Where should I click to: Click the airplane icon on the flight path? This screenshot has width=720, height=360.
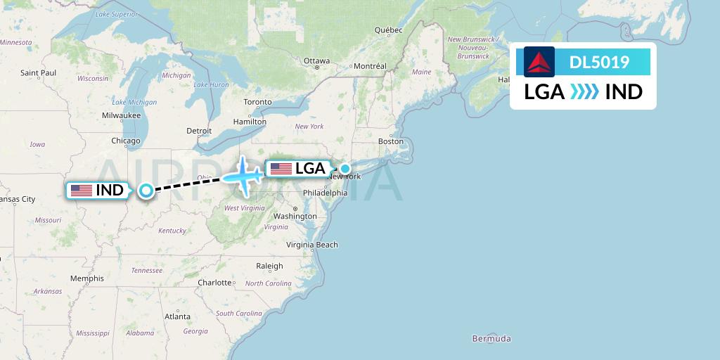(244, 175)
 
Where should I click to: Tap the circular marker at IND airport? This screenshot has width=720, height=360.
(146, 190)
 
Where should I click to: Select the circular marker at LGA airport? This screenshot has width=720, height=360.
(345, 169)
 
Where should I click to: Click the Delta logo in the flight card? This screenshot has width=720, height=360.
(539, 62)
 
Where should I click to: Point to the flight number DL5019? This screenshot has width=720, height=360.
(599, 63)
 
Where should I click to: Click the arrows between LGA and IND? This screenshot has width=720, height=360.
(584, 91)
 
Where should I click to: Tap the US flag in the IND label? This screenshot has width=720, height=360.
(82, 190)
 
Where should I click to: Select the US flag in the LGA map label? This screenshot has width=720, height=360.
(281, 169)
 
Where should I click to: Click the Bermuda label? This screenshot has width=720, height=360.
(491, 338)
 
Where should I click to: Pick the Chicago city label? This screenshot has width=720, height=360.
(126, 141)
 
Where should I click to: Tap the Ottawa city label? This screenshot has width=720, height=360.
(316, 60)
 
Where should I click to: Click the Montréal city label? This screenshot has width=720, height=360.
(370, 66)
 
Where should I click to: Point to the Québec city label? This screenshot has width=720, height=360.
(388, 30)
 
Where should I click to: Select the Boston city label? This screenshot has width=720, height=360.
(391, 141)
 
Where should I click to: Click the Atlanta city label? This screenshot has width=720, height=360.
(176, 316)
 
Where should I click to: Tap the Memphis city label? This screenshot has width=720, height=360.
(87, 278)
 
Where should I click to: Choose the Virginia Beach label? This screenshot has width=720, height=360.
(311, 245)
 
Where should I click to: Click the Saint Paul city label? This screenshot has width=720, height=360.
(38, 72)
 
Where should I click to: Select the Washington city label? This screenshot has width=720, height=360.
(295, 216)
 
